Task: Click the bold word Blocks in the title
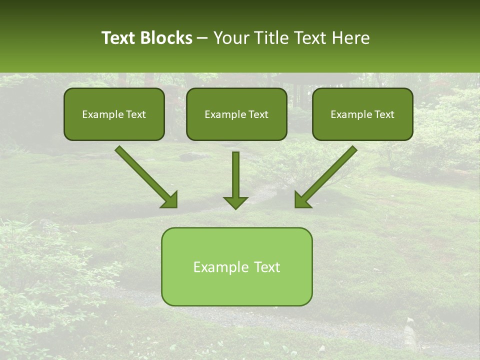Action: [167, 38]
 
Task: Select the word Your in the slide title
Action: [231, 38]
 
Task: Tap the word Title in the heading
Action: [270, 38]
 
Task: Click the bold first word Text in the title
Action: [119, 38]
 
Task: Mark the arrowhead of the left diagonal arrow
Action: [170, 200]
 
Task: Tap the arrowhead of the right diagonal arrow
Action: [301, 200]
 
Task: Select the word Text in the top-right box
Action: [384, 114]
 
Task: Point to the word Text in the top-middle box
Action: [258, 114]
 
